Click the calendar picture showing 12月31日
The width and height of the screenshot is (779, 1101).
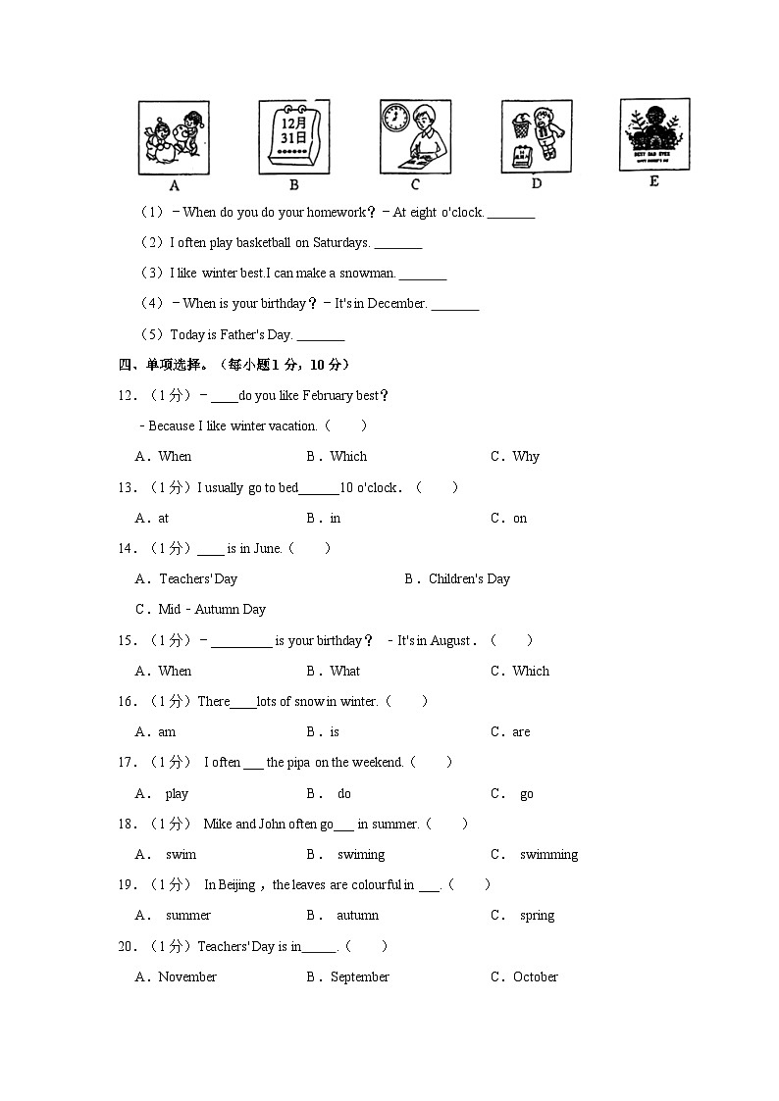pos(293,137)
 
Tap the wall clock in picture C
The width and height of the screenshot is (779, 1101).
pos(395,118)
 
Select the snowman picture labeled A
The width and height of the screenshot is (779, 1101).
pos(174,137)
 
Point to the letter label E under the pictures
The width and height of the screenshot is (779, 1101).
pos(653,181)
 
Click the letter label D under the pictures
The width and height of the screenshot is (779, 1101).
pos(536,183)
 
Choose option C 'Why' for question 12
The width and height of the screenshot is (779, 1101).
pos(525,456)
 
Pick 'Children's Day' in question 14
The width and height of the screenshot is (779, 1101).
pos(469,578)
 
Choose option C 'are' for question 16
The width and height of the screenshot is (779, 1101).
pos(521,731)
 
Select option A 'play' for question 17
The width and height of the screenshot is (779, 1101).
pos(177,793)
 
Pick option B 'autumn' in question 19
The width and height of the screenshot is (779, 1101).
pos(357,915)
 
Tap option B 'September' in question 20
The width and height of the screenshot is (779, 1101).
pos(359,976)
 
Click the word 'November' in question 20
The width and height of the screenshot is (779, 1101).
pos(187,976)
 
